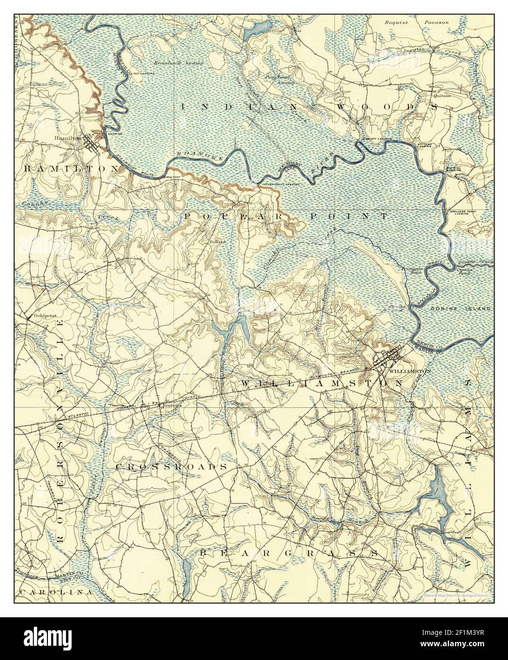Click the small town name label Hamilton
pyautogui.click(x=65, y=138)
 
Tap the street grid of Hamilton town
pyautogui.click(x=91, y=143)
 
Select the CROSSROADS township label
pyautogui.click(x=171, y=467)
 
